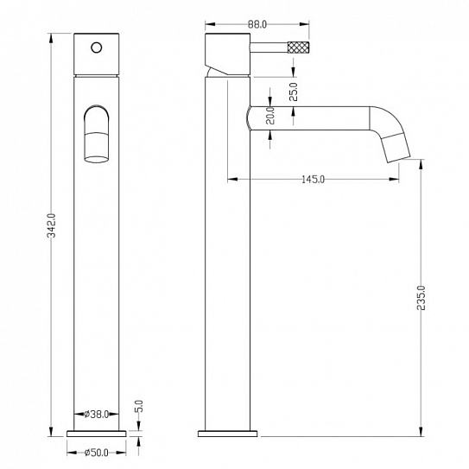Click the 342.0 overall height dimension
pos(52,225)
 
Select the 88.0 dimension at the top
pos(257,24)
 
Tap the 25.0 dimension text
pos(294,92)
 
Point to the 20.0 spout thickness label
pos(270,115)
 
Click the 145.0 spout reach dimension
pos(313,180)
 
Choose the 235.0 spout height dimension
pos(421,298)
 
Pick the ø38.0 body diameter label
pos(96,415)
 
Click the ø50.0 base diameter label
pos(96,453)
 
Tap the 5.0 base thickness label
pos(139,406)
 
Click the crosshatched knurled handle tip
pos(298,48)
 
